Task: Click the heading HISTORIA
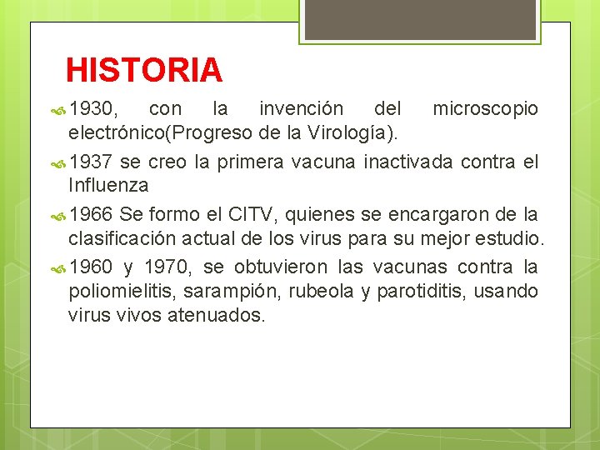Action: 144,70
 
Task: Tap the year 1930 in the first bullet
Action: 94,109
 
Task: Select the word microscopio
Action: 485,109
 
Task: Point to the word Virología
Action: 354,132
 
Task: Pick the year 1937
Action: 92,162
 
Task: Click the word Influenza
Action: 108,184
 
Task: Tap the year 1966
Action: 92,215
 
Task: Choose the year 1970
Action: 170,268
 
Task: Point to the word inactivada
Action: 408,162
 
